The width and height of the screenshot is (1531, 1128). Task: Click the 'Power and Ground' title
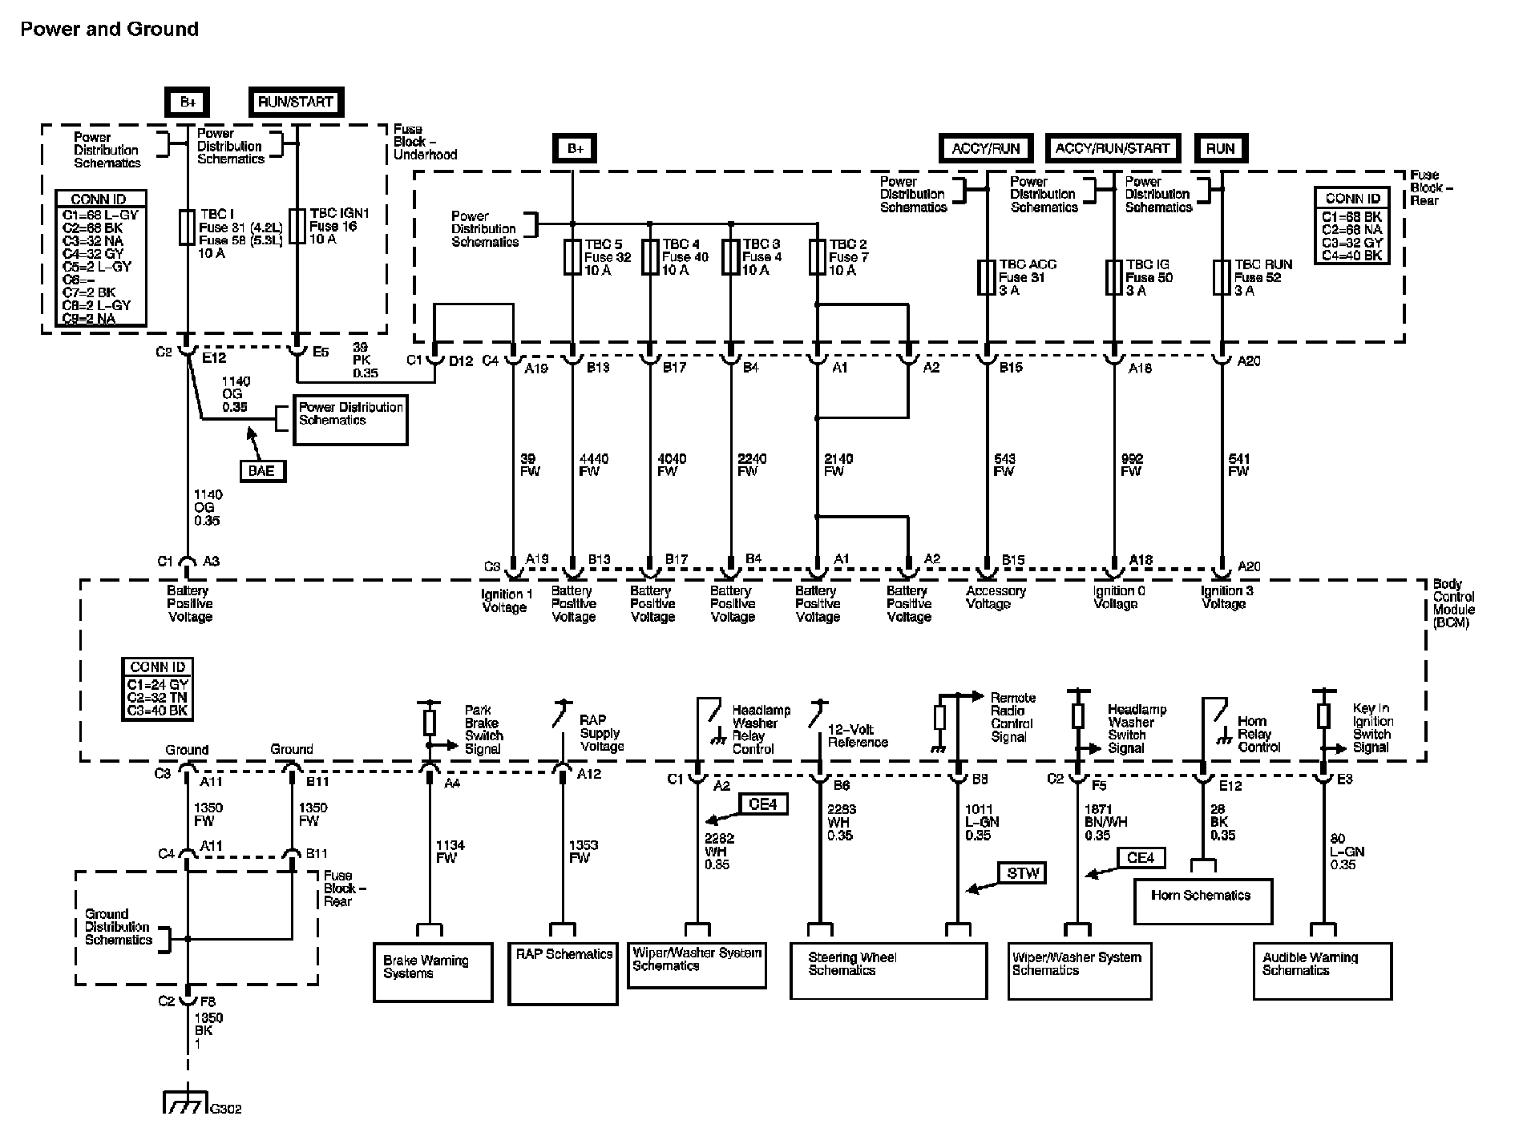tap(109, 30)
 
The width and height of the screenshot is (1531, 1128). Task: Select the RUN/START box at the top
tap(296, 102)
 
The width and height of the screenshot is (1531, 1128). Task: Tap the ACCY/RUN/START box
tap(1113, 148)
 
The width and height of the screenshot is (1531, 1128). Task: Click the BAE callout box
tap(261, 470)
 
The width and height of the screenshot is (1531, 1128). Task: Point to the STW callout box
tap(1023, 873)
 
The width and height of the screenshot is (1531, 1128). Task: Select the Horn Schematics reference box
tap(1202, 900)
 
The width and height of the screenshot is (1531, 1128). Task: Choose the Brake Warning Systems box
tap(432, 971)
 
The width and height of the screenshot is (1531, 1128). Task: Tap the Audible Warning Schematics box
tap(1322, 969)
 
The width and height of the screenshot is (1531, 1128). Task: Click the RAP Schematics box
tap(563, 971)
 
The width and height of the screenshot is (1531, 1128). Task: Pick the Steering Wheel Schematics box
tap(888, 969)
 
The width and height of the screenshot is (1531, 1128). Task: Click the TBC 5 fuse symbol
tap(572, 257)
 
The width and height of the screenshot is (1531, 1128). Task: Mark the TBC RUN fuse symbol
tap(1222, 277)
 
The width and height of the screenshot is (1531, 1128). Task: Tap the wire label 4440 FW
tap(593, 465)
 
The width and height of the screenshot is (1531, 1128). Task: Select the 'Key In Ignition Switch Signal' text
tap(1372, 727)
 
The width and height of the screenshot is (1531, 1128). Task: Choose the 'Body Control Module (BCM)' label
tap(1453, 603)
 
